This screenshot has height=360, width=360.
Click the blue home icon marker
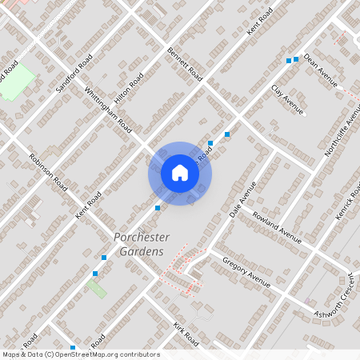pos(180,173)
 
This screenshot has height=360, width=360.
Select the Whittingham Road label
pos(107,108)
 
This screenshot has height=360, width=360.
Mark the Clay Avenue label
pos(288,100)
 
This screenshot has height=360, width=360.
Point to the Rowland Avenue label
pos(277,226)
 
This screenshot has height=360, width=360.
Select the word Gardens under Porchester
pos(141,252)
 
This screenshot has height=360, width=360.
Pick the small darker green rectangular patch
pos(97,288)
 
